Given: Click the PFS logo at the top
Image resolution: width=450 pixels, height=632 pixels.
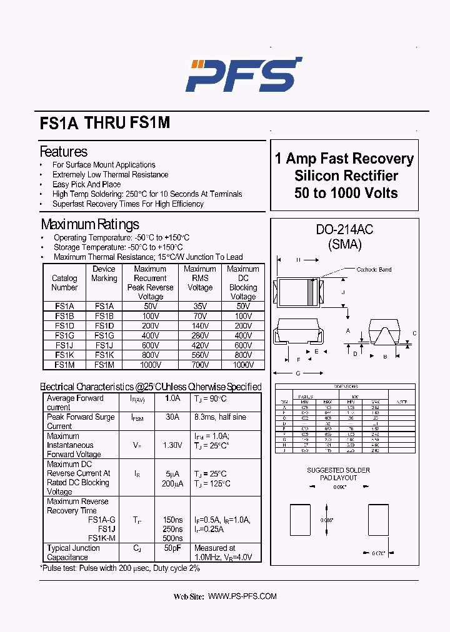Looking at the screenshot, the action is (244, 74).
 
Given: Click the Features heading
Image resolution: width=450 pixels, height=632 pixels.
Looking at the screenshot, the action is (63, 152).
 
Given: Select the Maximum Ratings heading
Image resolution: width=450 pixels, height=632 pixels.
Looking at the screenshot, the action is (90, 224).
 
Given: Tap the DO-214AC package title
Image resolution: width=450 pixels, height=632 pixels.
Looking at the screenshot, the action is (344, 230).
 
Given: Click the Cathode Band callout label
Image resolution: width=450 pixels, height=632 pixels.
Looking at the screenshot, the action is (374, 270).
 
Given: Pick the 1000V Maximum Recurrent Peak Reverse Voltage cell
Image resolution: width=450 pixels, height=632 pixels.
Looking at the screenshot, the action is (150, 365).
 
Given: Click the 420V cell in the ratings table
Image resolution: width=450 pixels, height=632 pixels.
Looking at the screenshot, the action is (200, 345).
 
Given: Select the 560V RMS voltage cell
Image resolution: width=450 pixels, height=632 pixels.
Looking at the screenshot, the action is (200, 355).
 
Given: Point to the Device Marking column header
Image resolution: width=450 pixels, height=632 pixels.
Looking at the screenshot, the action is (104, 274).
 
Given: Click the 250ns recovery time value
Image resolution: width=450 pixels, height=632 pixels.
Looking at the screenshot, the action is (172, 529).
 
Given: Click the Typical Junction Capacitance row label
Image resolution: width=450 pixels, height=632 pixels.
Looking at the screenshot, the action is (73, 553).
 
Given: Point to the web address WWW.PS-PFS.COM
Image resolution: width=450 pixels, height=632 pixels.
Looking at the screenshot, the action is (242, 597).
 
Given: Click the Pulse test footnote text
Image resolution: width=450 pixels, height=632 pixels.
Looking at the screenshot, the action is (120, 568).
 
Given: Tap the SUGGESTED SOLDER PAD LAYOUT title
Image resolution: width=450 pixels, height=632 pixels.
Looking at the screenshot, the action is (338, 474).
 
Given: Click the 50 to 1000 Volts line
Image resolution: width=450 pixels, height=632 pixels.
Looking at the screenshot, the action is (346, 193).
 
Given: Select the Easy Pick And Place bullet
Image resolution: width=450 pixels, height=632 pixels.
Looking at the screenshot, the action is (86, 184).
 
